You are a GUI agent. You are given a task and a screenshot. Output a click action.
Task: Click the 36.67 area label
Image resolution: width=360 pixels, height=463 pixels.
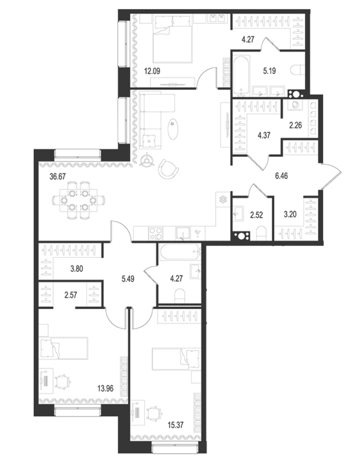pyautogui.click(x=58, y=177)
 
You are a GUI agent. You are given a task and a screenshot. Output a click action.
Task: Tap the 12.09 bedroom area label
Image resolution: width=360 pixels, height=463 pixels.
pyautogui.click(x=152, y=71)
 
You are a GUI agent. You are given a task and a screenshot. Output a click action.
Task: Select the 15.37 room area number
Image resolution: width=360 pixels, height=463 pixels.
pyautogui.click(x=175, y=425)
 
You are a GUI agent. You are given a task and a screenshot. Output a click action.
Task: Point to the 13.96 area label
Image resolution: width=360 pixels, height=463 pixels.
pyautogui.click(x=105, y=388)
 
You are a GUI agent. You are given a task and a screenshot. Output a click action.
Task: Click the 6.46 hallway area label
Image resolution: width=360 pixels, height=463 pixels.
pyautogui.click(x=281, y=176)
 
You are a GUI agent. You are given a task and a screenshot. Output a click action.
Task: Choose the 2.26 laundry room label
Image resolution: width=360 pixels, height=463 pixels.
pyautogui.click(x=295, y=125)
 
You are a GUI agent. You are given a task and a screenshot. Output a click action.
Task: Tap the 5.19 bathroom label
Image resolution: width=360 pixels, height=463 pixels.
pyautogui.click(x=269, y=71)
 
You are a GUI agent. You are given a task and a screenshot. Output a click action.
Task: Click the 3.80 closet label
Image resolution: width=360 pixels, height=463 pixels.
pyautogui.click(x=77, y=269)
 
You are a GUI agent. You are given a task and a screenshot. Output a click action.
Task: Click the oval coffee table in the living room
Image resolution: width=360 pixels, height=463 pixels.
pyautogui.click(x=173, y=128)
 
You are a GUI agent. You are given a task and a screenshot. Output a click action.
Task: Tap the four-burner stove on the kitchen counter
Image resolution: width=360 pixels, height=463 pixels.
pyautogui.click(x=156, y=233)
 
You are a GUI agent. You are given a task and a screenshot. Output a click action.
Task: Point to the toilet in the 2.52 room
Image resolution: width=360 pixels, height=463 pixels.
pyautogui.click(x=261, y=233)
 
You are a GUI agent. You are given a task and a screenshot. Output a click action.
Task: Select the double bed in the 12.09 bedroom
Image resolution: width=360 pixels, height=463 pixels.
pyautogui.click(x=173, y=38)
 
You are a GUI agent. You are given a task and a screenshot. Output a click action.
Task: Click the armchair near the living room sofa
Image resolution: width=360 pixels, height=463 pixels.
pyautogui.click(x=168, y=169)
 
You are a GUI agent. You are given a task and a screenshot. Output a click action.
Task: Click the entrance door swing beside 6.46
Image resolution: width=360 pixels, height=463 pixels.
pyautogui.click(x=331, y=176)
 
